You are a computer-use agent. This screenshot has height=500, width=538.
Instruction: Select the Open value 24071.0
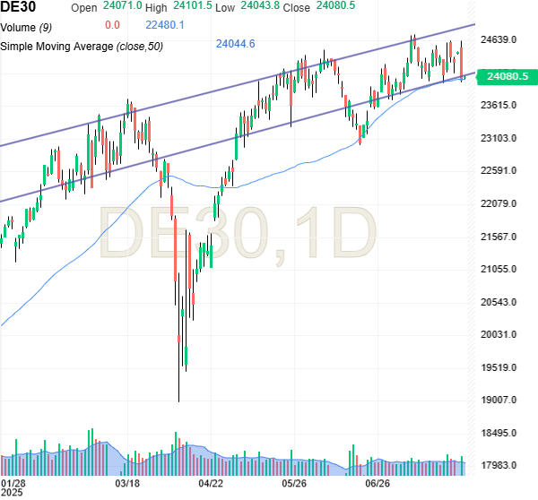(123, 7)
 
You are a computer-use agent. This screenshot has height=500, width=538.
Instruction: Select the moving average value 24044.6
(236, 43)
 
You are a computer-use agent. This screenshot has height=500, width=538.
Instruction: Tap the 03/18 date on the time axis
(128, 482)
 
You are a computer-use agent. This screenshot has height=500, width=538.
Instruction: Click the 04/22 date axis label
(211, 482)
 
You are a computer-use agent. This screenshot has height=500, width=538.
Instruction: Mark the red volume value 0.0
(112, 25)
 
